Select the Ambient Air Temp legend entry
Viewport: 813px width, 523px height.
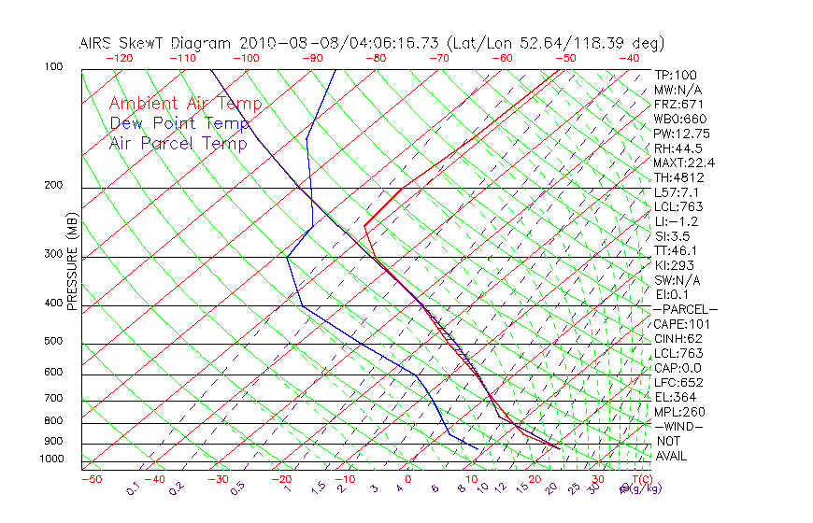coord(185,104)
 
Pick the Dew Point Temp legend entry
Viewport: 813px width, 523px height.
coord(178,123)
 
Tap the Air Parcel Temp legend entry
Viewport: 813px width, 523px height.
coord(178,143)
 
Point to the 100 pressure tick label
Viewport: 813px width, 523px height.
coord(54,67)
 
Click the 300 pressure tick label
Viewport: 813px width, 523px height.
coord(54,254)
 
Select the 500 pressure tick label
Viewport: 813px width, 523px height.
coord(54,341)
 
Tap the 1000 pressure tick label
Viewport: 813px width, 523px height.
coord(51,459)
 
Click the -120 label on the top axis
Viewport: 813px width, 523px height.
coord(119,58)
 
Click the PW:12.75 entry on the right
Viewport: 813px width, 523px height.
coord(680,134)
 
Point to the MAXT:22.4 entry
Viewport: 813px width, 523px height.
coord(684,163)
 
